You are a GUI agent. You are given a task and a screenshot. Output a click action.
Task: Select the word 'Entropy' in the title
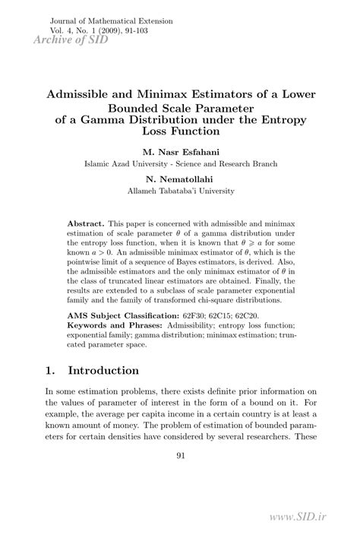[279, 119]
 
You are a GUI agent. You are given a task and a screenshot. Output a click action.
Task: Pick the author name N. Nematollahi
[180, 179]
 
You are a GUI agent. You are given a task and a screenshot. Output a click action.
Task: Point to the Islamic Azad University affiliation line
[180, 163]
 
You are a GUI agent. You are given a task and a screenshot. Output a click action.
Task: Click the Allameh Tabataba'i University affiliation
[180, 191]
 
